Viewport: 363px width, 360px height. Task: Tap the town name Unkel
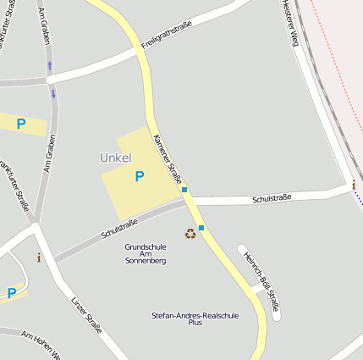pyautogui.click(x=115, y=158)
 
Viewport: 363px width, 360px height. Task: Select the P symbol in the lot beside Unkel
pyautogui.click(x=140, y=176)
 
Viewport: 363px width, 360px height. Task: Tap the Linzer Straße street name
pyautogui.click(x=86, y=314)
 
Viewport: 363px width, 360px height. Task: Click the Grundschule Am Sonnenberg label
pyautogui.click(x=146, y=253)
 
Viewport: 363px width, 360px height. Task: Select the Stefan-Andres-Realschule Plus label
pyautogui.click(x=195, y=318)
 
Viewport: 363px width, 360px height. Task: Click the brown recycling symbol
pyautogui.click(x=190, y=233)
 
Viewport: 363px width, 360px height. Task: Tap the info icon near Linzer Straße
pyautogui.click(x=38, y=258)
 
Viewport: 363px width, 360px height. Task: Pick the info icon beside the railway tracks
pyautogui.click(x=353, y=186)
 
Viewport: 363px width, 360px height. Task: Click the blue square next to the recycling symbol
pyautogui.click(x=201, y=228)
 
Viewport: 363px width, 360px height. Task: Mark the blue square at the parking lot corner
pyautogui.click(x=184, y=190)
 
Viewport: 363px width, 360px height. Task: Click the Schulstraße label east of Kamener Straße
pyautogui.click(x=272, y=198)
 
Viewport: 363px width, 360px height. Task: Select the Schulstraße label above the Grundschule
pyautogui.click(x=118, y=228)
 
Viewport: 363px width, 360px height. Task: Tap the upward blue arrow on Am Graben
pyautogui.click(x=49, y=65)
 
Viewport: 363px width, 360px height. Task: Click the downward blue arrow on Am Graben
pyautogui.click(x=53, y=93)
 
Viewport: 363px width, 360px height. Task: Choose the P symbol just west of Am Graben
pyautogui.click(x=21, y=124)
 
